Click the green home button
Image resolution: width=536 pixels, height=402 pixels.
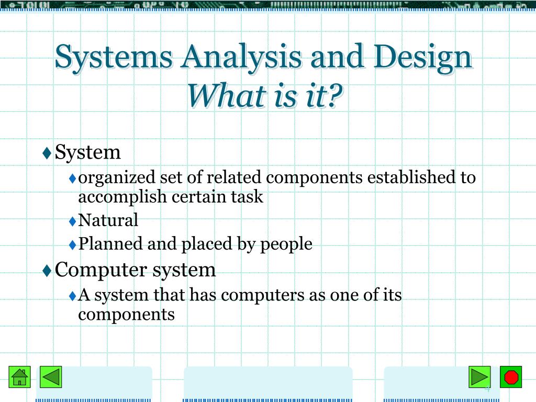[x=20, y=376]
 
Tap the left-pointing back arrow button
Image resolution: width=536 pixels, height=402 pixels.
[x=51, y=376]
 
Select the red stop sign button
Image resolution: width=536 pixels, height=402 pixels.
[x=511, y=376]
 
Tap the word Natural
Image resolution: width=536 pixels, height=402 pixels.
[x=108, y=220]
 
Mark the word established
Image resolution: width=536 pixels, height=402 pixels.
[x=412, y=178]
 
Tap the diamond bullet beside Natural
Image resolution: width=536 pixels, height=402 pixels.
[x=73, y=221]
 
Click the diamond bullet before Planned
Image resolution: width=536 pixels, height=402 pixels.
[x=73, y=244]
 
